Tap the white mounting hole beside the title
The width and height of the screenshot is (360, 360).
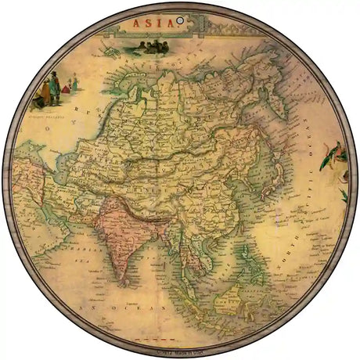click(x=179, y=20)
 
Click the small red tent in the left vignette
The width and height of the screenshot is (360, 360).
click(x=65, y=88)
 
